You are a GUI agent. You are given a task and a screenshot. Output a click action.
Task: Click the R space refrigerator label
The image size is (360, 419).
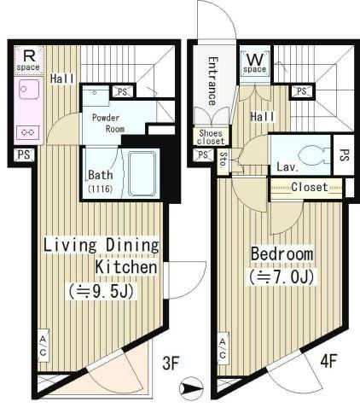28,61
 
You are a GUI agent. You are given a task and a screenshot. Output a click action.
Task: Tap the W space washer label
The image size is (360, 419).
255,63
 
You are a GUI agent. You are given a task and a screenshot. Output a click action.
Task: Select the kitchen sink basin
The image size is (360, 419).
29,89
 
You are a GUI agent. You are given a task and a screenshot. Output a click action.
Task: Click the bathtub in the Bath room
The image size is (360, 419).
142,173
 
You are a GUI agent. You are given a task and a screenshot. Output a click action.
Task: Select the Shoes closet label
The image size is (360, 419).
211,137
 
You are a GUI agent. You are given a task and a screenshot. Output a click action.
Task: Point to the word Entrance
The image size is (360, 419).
213,81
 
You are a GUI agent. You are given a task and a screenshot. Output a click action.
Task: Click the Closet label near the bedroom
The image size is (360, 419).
310,187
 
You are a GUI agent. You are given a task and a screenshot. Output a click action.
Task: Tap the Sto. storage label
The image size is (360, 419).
224,160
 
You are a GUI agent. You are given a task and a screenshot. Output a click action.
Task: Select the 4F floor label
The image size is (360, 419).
328,361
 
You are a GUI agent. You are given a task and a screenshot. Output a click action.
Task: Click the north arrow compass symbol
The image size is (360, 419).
191,388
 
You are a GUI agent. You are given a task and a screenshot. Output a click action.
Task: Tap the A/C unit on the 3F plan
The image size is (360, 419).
43,346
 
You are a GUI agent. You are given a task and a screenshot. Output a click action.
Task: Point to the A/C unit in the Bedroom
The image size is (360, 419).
223,349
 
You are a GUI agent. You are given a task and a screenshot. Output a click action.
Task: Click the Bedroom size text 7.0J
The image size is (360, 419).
282,277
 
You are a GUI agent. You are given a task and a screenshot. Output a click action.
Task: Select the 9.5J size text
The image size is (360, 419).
101,291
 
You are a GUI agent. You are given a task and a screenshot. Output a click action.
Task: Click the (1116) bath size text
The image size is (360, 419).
101,189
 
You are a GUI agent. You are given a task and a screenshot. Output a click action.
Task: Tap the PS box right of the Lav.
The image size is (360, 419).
344,155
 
